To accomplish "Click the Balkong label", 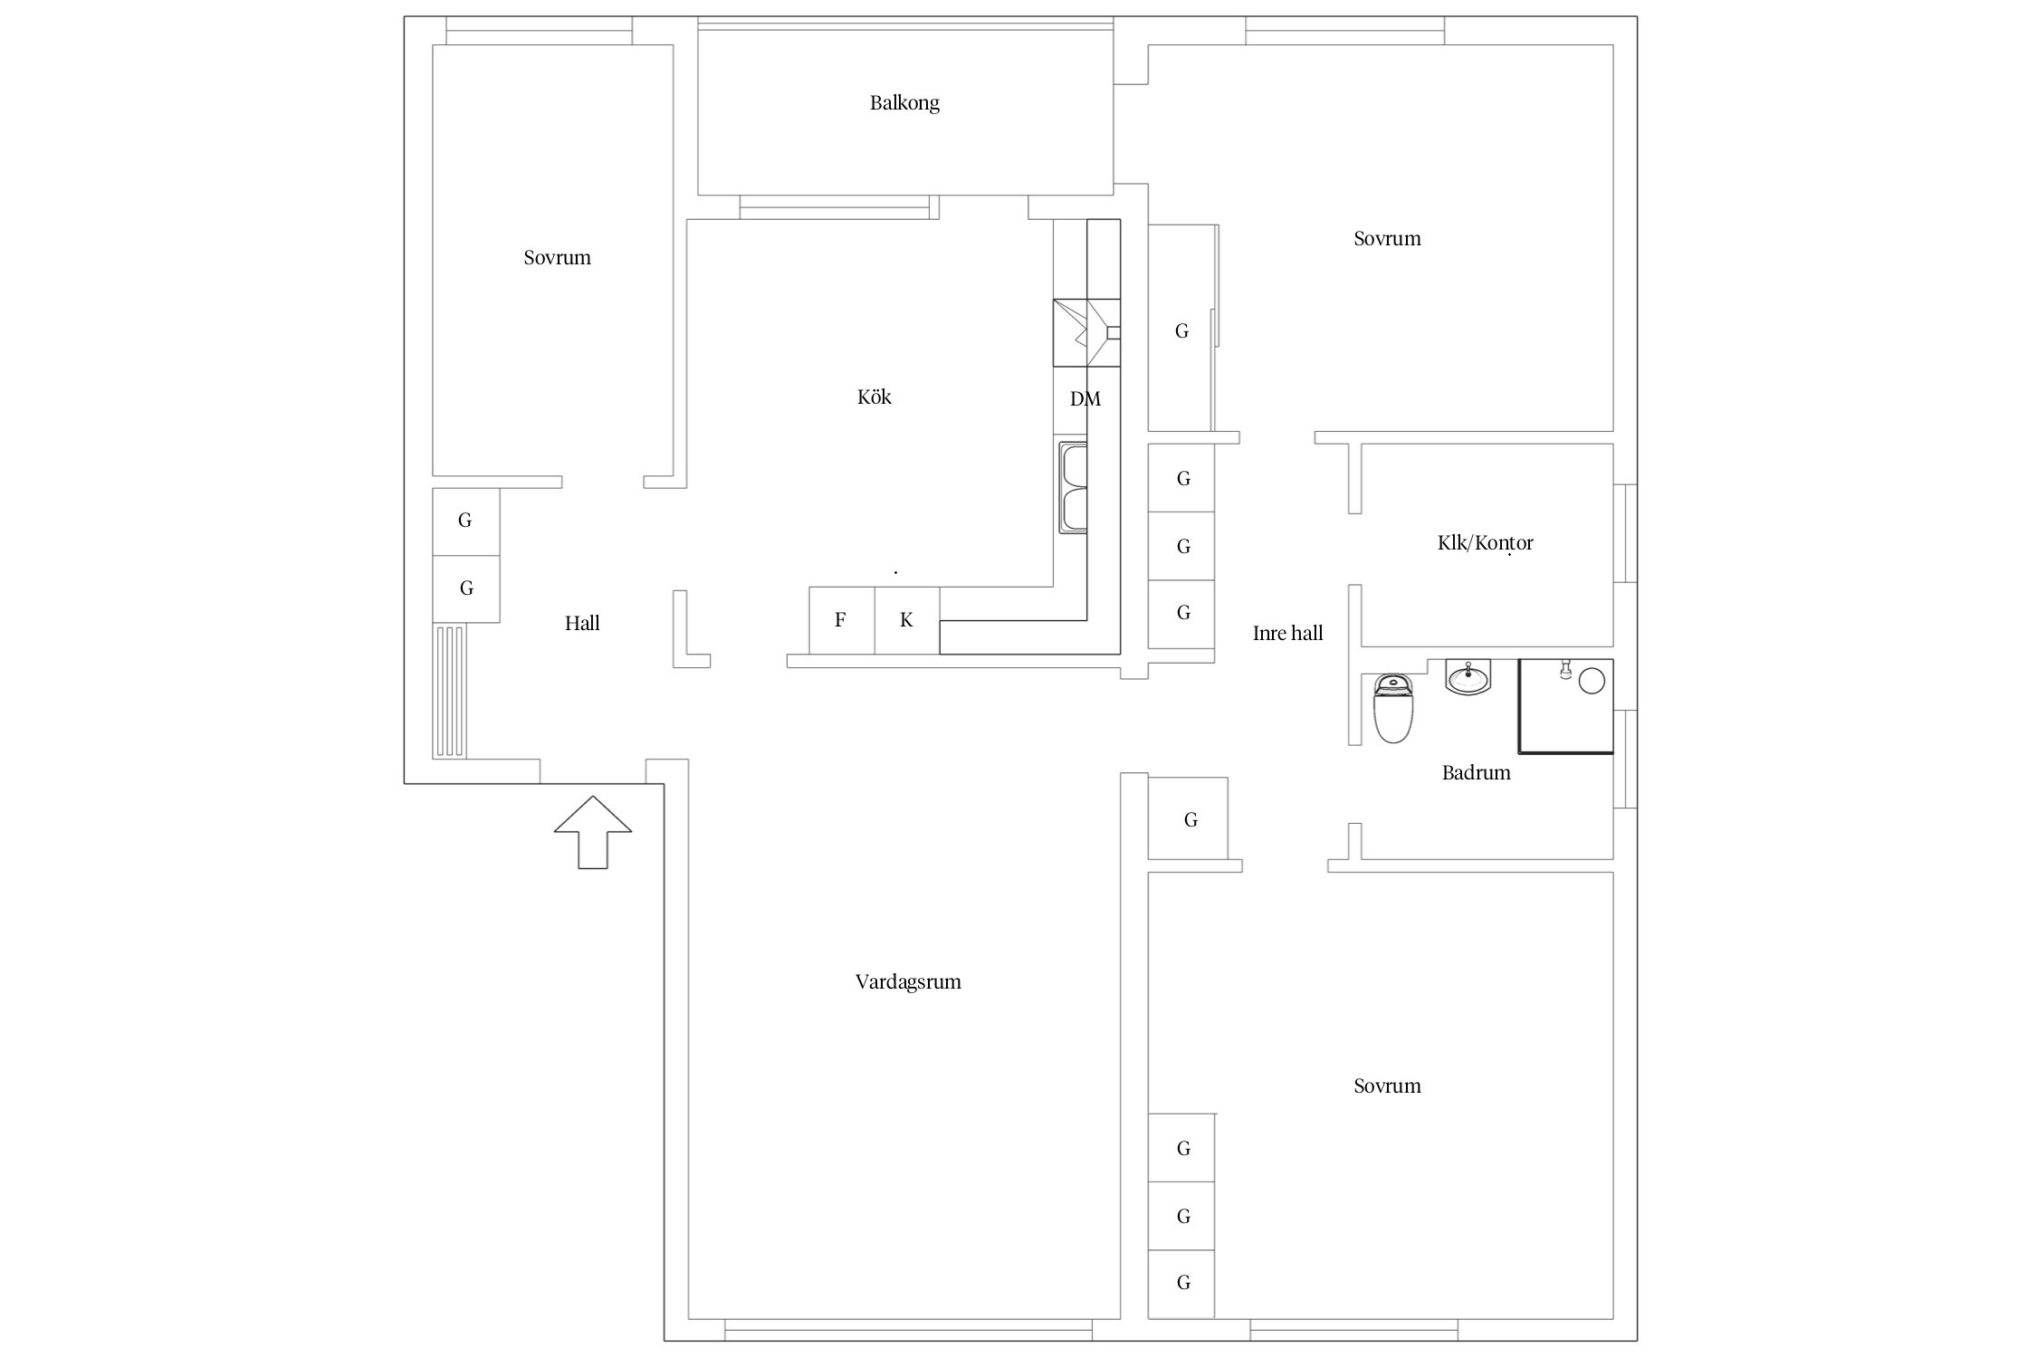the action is point(904,103).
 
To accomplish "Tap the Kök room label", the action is point(875,397).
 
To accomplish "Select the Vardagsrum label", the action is point(908,982).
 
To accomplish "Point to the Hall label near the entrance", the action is point(582,623).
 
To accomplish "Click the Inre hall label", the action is point(1287,633).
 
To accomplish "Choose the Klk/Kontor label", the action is point(1486,543).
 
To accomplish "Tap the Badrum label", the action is point(1476,772).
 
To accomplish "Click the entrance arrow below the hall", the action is point(593,832).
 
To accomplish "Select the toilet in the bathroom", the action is point(1393,708).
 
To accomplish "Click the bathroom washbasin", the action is point(1468,677).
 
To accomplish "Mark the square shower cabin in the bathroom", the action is point(1566,706).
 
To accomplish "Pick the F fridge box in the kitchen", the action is point(842,620).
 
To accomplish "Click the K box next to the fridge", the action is point(907,620).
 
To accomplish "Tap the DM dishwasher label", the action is point(1085,399).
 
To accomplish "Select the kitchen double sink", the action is point(1073,488).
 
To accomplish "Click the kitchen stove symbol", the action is point(1086,333).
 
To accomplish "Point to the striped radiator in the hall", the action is point(450,691).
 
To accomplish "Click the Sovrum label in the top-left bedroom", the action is point(557,258).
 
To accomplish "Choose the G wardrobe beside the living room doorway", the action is point(1189,818).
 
